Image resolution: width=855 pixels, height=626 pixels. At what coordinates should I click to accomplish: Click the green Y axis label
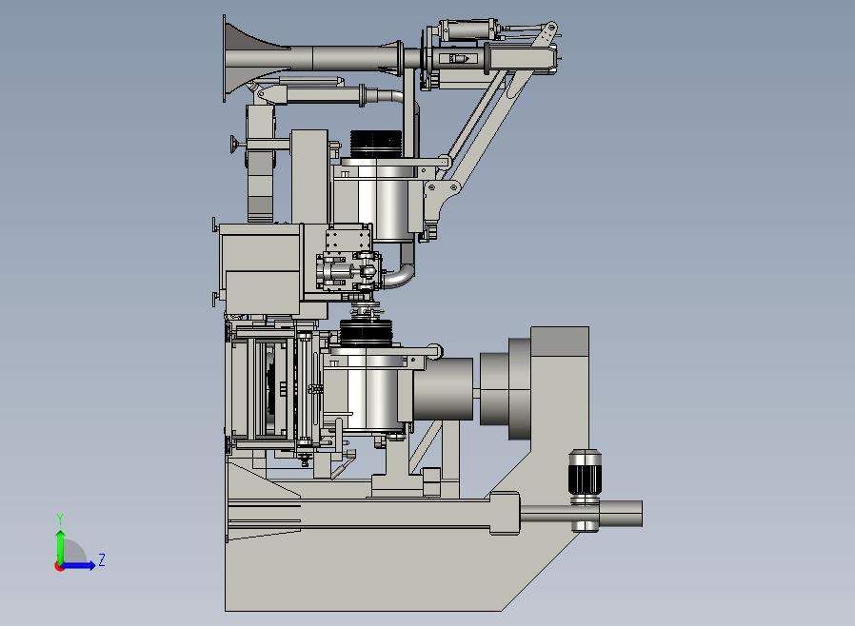coord(60,519)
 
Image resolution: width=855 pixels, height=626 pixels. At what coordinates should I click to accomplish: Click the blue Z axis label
coord(102,559)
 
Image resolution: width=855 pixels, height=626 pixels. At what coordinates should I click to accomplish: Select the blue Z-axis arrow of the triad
coord(77,566)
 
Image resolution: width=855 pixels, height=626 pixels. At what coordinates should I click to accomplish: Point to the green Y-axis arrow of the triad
coord(61,548)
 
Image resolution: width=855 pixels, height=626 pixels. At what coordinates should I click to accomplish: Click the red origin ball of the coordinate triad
coord(58,567)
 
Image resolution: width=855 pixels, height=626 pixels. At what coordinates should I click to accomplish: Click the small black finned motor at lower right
coord(584,472)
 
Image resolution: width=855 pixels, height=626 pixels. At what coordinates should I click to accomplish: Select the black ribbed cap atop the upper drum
coord(375,144)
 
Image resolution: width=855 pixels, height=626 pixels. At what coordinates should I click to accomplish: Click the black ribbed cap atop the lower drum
coord(367,332)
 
